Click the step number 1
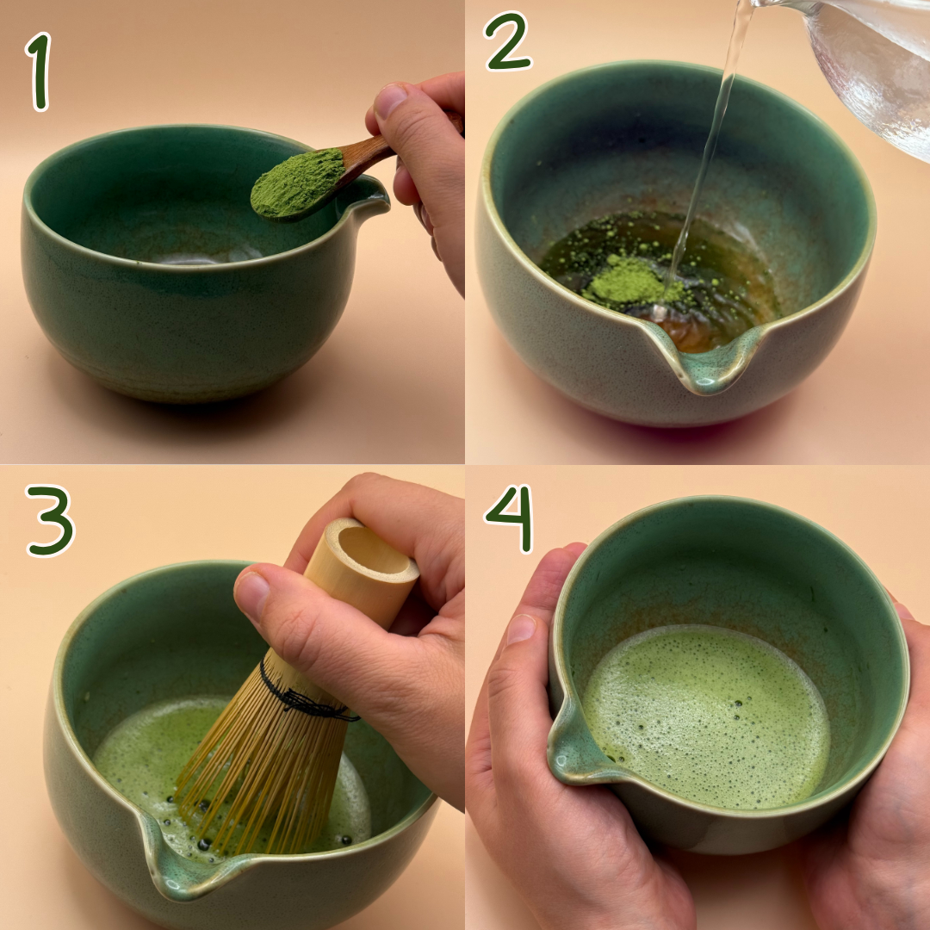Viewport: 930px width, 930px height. (x=39, y=71)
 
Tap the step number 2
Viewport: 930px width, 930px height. (x=508, y=41)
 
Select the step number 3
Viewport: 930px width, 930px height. (x=50, y=521)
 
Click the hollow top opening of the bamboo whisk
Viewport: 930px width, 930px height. (x=374, y=549)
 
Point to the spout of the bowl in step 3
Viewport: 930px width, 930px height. (x=178, y=860)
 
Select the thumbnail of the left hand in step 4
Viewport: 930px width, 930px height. (x=521, y=629)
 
